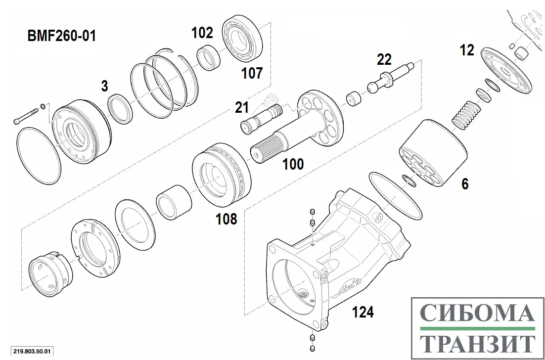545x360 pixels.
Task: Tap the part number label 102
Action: [202, 33]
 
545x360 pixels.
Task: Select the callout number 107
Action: [252, 74]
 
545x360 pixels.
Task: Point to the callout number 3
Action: [104, 86]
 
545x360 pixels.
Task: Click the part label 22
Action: [384, 60]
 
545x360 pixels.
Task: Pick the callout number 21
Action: [242, 107]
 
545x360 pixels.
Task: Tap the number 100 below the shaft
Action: [293, 164]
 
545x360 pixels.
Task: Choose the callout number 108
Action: [227, 219]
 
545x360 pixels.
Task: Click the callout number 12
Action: [466, 50]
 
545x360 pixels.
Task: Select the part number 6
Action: [465, 184]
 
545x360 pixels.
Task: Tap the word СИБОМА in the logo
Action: [478, 313]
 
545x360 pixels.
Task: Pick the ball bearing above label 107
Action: [244, 40]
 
